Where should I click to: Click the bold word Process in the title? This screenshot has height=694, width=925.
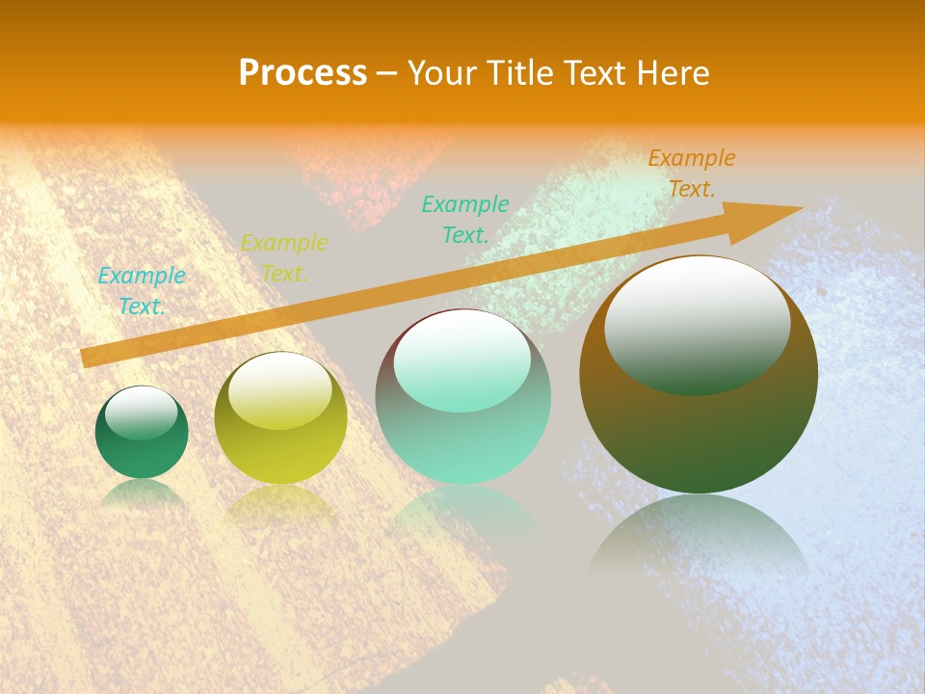(303, 73)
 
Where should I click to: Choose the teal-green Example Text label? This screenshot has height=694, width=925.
(465, 219)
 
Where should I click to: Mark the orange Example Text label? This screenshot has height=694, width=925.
(692, 173)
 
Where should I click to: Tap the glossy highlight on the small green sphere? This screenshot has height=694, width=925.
(142, 413)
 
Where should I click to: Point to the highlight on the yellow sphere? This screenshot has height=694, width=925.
(280, 390)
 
